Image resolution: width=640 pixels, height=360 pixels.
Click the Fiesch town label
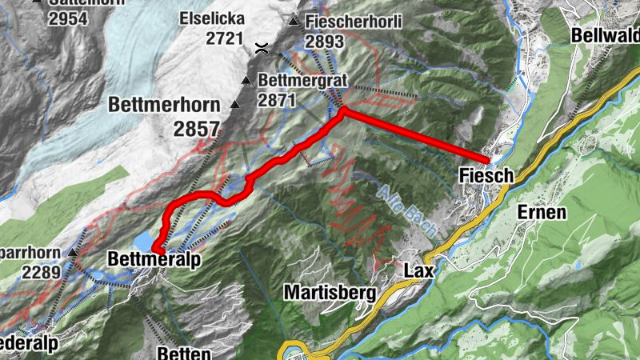(x=483, y=174)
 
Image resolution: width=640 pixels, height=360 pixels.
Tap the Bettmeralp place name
(x=153, y=261)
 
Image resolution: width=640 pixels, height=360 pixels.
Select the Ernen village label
(x=542, y=212)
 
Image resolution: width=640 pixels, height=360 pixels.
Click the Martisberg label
(x=330, y=292)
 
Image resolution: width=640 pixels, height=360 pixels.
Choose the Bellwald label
(x=605, y=36)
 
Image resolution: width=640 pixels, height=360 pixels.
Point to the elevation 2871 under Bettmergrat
(x=278, y=100)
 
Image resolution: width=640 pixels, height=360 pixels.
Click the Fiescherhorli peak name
(x=346, y=21)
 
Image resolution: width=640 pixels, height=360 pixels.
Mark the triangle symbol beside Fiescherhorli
(x=294, y=21)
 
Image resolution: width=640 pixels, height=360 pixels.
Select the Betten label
(x=184, y=353)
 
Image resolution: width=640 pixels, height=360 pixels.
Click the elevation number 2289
(x=39, y=272)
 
